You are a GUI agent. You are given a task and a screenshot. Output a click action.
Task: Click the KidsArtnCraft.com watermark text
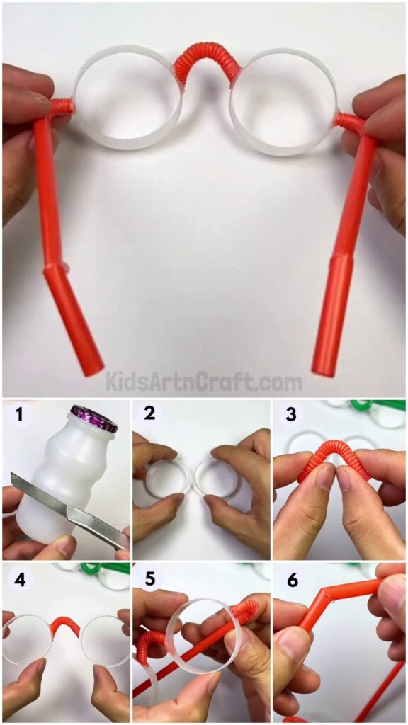[x=204, y=382]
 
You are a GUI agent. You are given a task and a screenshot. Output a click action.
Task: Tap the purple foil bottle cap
[x=93, y=418]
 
